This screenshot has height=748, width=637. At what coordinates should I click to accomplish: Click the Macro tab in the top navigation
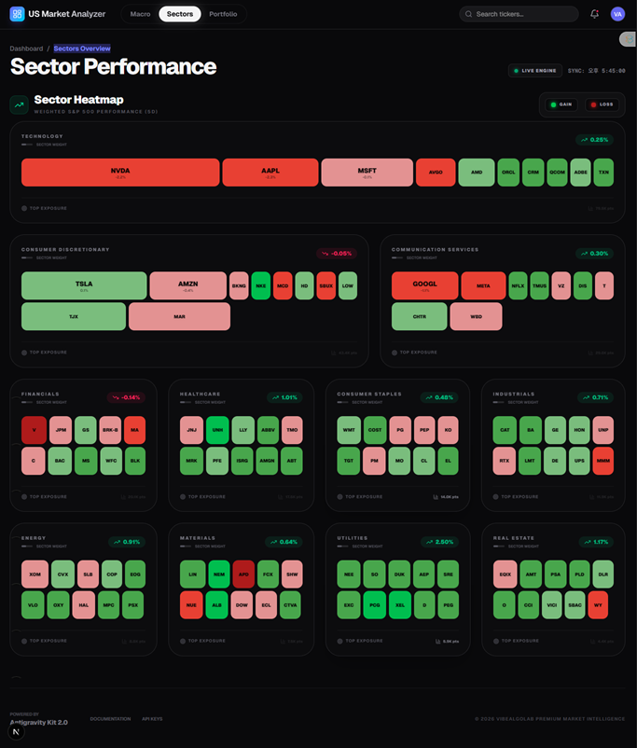pyautogui.click(x=140, y=14)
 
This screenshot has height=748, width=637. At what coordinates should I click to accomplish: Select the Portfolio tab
pyautogui.click(x=223, y=14)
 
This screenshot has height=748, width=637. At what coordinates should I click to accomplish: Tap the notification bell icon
pyautogui.click(x=595, y=14)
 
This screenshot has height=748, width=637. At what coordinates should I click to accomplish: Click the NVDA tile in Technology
pyautogui.click(x=120, y=173)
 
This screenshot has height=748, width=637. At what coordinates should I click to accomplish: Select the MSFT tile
pyautogui.click(x=367, y=173)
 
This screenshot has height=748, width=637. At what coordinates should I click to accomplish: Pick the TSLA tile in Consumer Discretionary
pyautogui.click(x=84, y=285)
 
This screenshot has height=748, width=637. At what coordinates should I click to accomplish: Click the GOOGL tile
pyautogui.click(x=424, y=285)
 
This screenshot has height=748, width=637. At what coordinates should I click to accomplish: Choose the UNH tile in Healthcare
pyautogui.click(x=217, y=430)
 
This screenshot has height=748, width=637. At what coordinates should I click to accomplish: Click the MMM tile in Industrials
pyautogui.click(x=602, y=461)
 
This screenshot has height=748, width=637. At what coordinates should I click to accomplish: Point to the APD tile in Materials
pyautogui.click(x=243, y=574)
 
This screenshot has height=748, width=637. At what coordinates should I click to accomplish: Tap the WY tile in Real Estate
pyautogui.click(x=598, y=605)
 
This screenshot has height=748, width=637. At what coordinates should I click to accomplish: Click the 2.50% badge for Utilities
pyautogui.click(x=439, y=541)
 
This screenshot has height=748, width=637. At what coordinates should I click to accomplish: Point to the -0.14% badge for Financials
pyautogui.click(x=126, y=397)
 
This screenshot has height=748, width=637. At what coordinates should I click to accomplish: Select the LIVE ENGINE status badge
pyautogui.click(x=534, y=70)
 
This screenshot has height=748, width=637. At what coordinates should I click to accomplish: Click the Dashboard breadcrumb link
pyautogui.click(x=26, y=48)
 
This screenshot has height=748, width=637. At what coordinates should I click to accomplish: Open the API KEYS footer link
pyautogui.click(x=152, y=719)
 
